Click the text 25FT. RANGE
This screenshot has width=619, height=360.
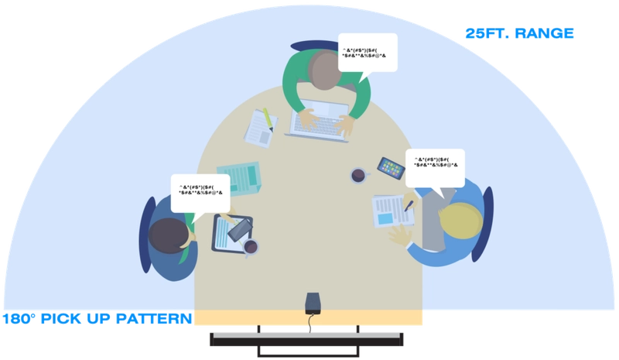[518, 34]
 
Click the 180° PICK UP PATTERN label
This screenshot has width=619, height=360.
[96, 318]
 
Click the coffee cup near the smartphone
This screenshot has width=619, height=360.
[359, 176]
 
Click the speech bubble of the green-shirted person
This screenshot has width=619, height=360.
[368, 53]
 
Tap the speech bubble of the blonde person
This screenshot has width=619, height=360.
[434, 168]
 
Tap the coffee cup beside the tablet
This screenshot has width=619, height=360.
[250, 247]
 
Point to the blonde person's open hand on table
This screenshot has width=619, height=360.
[401, 235]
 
